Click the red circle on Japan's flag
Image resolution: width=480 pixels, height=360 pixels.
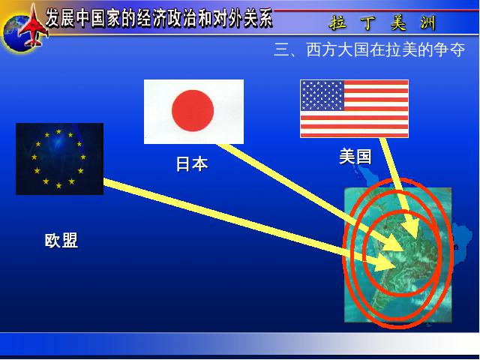pos(193,110)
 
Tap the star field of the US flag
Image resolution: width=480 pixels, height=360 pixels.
pos(322,95)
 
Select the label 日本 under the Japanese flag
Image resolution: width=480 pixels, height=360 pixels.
pos(192,163)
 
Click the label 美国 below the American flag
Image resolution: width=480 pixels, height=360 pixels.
pos(355,157)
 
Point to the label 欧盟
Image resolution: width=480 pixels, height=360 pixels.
pos(61,240)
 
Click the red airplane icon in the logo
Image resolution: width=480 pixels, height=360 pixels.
pos(33,26)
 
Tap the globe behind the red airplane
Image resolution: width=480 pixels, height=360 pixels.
pos(18,33)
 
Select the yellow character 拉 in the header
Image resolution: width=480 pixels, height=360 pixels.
pos(338,22)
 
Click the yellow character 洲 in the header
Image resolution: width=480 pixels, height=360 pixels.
pos(427,22)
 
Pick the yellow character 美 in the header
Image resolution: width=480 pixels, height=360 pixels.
pos(398,22)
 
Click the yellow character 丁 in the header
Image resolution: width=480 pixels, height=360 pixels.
pos(368,22)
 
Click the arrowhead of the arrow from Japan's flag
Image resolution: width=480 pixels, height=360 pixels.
pos(395,242)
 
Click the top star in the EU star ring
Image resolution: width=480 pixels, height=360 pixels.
pos(58,132)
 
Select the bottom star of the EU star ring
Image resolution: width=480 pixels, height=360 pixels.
pos(58,185)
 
